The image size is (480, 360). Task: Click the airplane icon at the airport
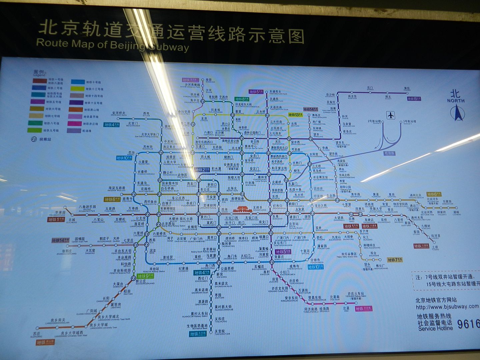point(391,115)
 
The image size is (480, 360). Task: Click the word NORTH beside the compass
point(456,100)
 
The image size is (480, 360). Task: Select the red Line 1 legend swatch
point(39,81)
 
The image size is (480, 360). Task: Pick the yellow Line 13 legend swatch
point(77,89)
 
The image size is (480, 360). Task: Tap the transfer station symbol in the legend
point(34,139)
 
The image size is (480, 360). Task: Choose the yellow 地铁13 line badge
point(295,115)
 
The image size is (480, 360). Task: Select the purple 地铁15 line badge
point(414,99)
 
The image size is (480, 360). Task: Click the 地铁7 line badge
point(395,260)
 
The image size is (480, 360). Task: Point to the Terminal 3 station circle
point(401,122)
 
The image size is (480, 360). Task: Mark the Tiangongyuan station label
point(222,332)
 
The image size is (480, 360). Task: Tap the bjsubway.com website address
point(447,307)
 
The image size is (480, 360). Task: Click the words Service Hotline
point(435,328)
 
